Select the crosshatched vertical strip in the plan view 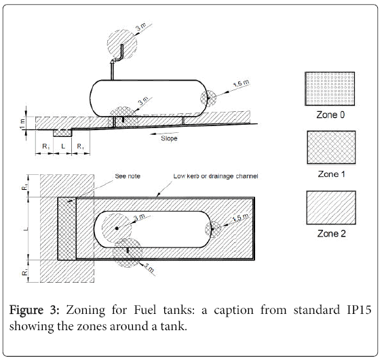coord(66,228)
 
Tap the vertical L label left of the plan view coord(26,228)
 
